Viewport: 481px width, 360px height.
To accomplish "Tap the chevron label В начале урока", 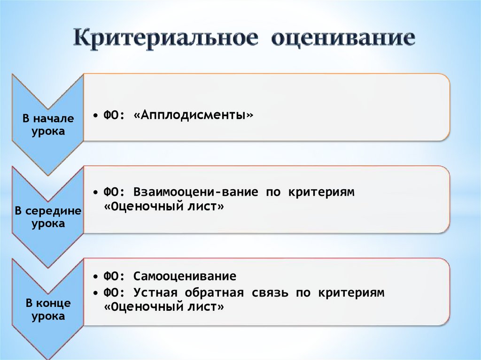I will click(x=48, y=125).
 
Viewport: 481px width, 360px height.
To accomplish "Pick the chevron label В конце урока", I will click(x=48, y=310).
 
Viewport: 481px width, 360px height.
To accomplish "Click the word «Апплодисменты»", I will click(x=193, y=115).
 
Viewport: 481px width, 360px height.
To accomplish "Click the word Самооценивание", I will click(x=185, y=276).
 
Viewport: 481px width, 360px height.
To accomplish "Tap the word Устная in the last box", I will click(x=155, y=293).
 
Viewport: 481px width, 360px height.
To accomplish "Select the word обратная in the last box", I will click(x=214, y=293).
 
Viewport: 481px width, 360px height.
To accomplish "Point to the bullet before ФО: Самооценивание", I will click(x=95, y=276).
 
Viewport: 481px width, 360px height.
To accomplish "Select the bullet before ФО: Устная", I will click(x=95, y=293).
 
